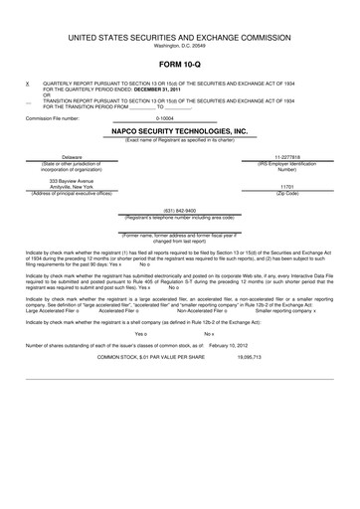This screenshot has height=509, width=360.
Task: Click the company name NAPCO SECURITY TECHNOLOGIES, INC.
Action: click(179, 130)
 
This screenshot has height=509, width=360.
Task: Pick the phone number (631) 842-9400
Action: click(179, 210)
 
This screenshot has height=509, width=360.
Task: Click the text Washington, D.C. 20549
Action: click(179, 46)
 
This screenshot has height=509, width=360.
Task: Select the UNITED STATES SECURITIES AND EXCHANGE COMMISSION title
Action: click(179, 37)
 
